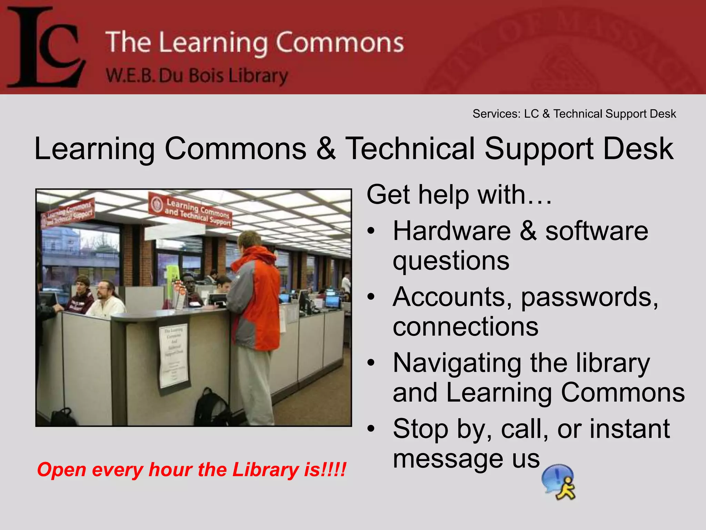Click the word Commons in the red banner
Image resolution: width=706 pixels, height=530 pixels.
pyautogui.click(x=340, y=43)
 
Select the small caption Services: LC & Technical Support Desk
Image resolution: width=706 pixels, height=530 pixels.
pyautogui.click(x=574, y=114)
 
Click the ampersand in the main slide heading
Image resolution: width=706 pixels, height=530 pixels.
pyautogui.click(x=326, y=149)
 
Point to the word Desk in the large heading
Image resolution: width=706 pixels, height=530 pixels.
pyautogui.click(x=638, y=149)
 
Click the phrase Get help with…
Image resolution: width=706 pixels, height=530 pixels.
pyautogui.click(x=458, y=195)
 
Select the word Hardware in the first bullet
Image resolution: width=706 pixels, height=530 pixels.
pyautogui.click(x=452, y=231)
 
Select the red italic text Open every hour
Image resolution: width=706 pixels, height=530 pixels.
pyautogui.click(x=191, y=470)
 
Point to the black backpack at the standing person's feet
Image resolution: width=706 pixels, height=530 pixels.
pyautogui.click(x=210, y=409)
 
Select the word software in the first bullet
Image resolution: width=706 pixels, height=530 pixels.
pyautogui.click(x=596, y=231)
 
